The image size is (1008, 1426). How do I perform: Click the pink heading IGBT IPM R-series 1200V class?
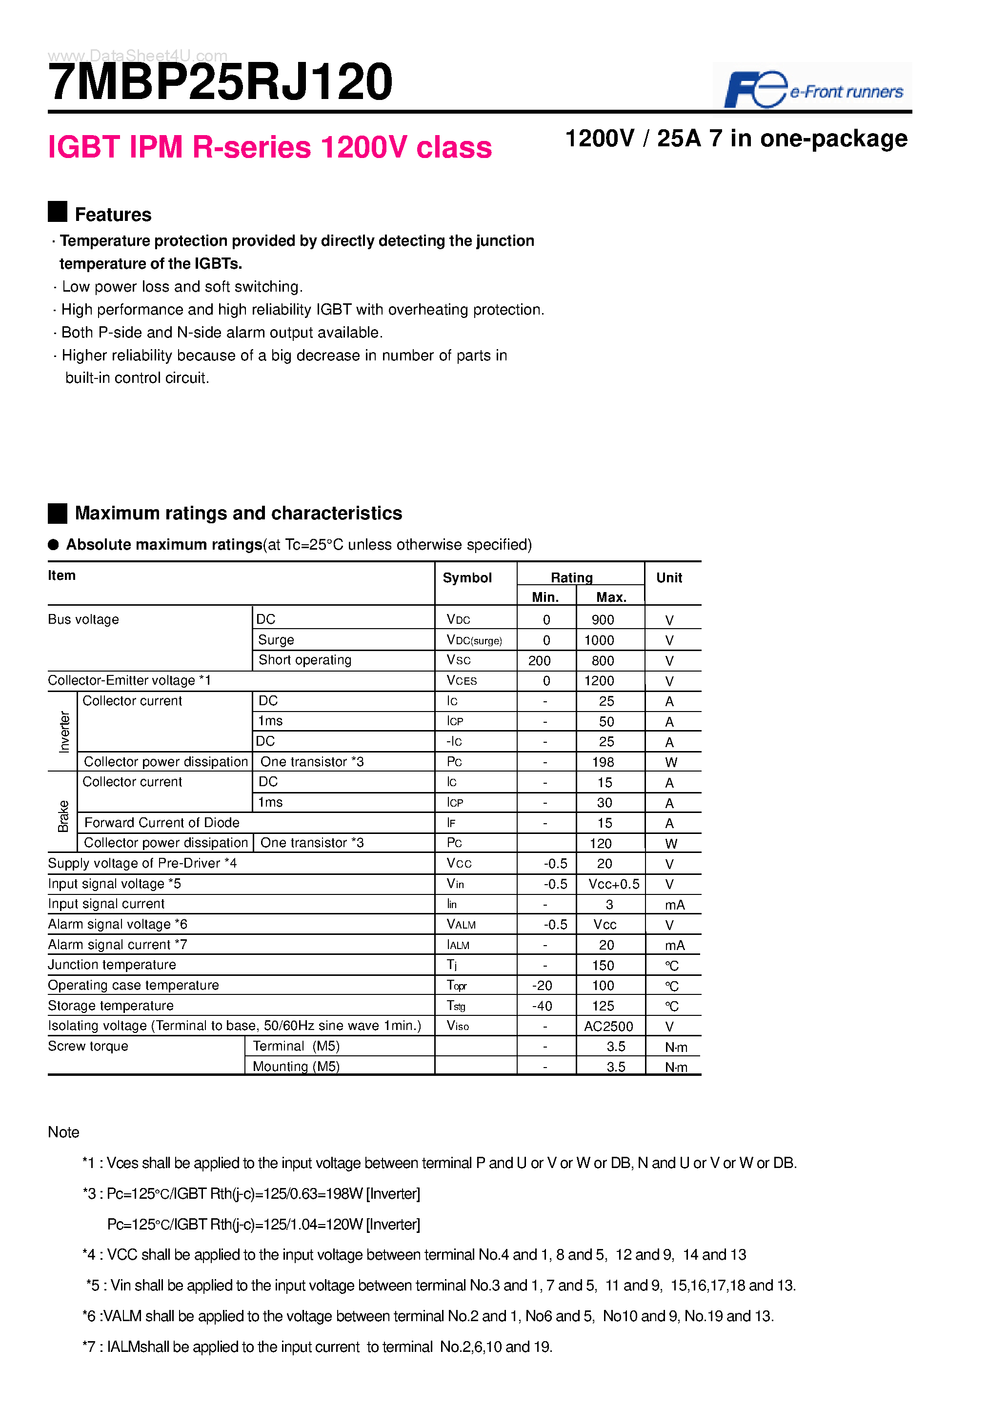[270, 147]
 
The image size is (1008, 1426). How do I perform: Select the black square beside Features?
[57, 212]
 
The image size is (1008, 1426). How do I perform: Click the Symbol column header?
[467, 577]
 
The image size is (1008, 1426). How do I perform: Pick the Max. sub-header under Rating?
[610, 597]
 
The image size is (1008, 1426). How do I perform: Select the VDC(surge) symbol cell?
[474, 640]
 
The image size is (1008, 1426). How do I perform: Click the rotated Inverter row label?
[64, 732]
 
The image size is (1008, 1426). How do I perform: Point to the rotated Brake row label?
[63, 816]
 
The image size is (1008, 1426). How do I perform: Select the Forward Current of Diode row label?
[161, 822]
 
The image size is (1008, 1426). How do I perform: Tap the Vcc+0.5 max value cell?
[613, 884]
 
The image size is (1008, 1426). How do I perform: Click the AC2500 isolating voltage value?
[608, 1026]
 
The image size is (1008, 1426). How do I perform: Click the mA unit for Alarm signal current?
[674, 945]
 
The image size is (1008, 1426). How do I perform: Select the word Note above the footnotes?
[63, 1131]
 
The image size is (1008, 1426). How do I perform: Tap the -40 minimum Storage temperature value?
[542, 1006]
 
